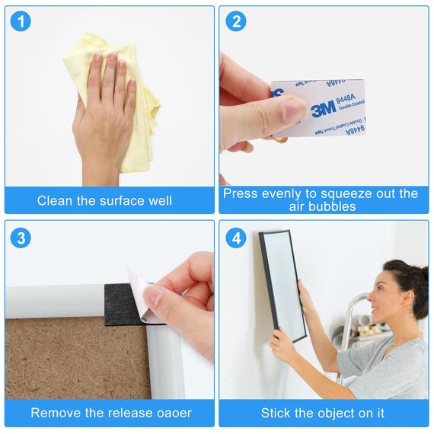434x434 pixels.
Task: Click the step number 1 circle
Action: [x=21, y=21]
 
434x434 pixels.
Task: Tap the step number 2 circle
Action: [x=235, y=21]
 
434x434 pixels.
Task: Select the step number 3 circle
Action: [x=21, y=237]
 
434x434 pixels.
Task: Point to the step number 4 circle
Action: [x=235, y=237]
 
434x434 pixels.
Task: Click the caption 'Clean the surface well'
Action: [x=105, y=201]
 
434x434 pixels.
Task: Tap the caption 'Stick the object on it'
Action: [x=323, y=413]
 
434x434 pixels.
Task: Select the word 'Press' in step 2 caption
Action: [x=241, y=193]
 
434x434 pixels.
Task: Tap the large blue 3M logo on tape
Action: [x=323, y=109]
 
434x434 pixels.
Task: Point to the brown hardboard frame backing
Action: [x=76, y=358]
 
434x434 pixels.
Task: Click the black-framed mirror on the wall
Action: [x=282, y=286]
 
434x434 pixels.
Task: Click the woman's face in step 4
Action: [x=381, y=301]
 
